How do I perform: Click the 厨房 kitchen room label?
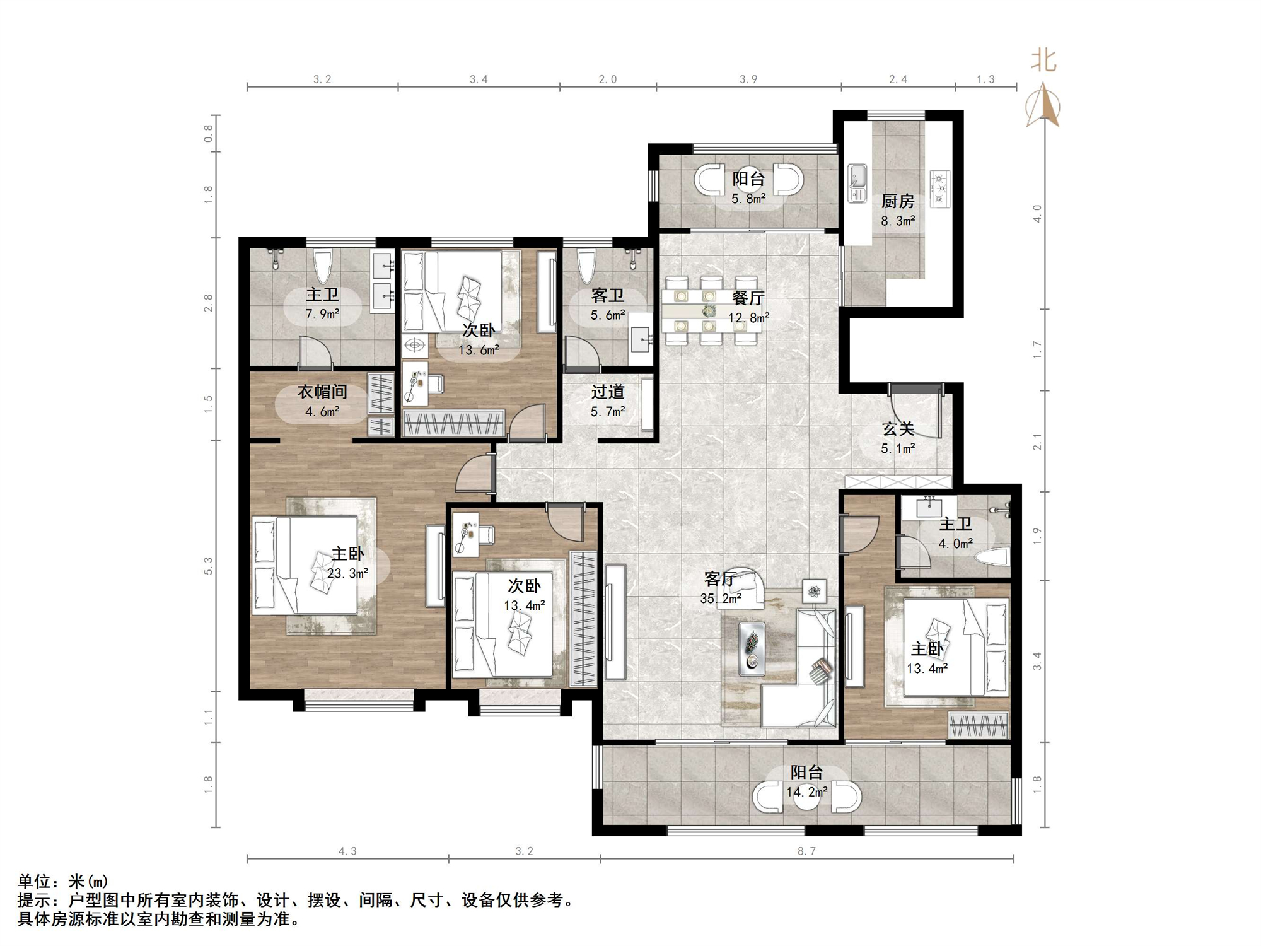pyautogui.click(x=897, y=201)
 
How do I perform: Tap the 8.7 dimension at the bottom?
pyautogui.click(x=806, y=851)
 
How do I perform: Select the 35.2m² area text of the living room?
pyautogui.click(x=721, y=599)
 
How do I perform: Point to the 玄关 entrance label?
pyautogui.click(x=898, y=429)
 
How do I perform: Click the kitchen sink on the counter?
pyautogui.click(x=857, y=184)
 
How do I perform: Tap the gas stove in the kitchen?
pyautogui.click(x=939, y=189)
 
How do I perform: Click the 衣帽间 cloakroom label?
pyautogui.click(x=322, y=392)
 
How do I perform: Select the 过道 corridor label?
pyautogui.click(x=608, y=392)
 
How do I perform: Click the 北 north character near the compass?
pyautogui.click(x=1043, y=61)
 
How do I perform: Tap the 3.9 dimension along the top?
pyautogui.click(x=748, y=79)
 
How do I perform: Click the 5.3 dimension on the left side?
pyautogui.click(x=209, y=566)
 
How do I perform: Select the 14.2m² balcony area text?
pyautogui.click(x=807, y=791)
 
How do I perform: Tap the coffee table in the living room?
pyautogui.click(x=752, y=649)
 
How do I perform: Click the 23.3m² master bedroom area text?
pyautogui.click(x=347, y=573)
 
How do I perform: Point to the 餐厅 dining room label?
pyautogui.click(x=748, y=298)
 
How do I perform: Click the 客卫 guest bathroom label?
pyautogui.click(x=608, y=295)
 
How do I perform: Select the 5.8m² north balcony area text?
pyautogui.click(x=748, y=199)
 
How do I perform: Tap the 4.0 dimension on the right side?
pyautogui.click(x=1037, y=213)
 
